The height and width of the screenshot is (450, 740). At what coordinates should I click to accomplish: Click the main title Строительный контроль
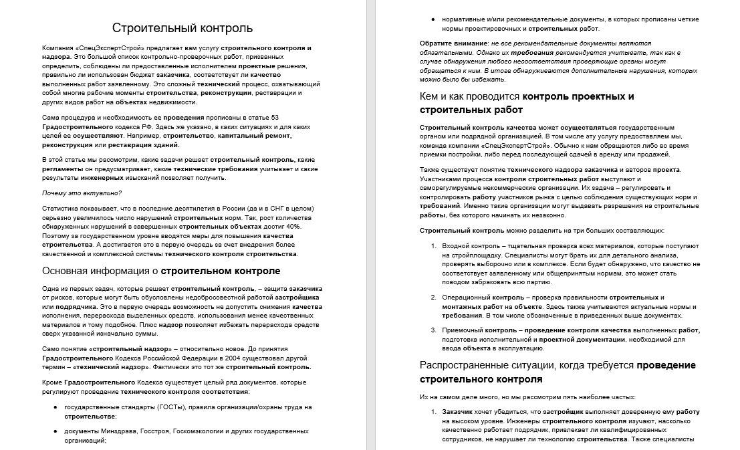[182, 27]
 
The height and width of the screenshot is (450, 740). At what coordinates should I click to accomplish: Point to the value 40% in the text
[293, 227]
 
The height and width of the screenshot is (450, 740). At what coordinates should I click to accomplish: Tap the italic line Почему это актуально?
[82, 193]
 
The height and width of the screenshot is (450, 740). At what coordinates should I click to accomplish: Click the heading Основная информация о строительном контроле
[161, 271]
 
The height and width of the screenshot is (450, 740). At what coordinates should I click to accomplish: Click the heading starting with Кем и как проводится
[527, 96]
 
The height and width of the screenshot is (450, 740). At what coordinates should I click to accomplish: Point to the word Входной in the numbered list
[456, 246]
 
